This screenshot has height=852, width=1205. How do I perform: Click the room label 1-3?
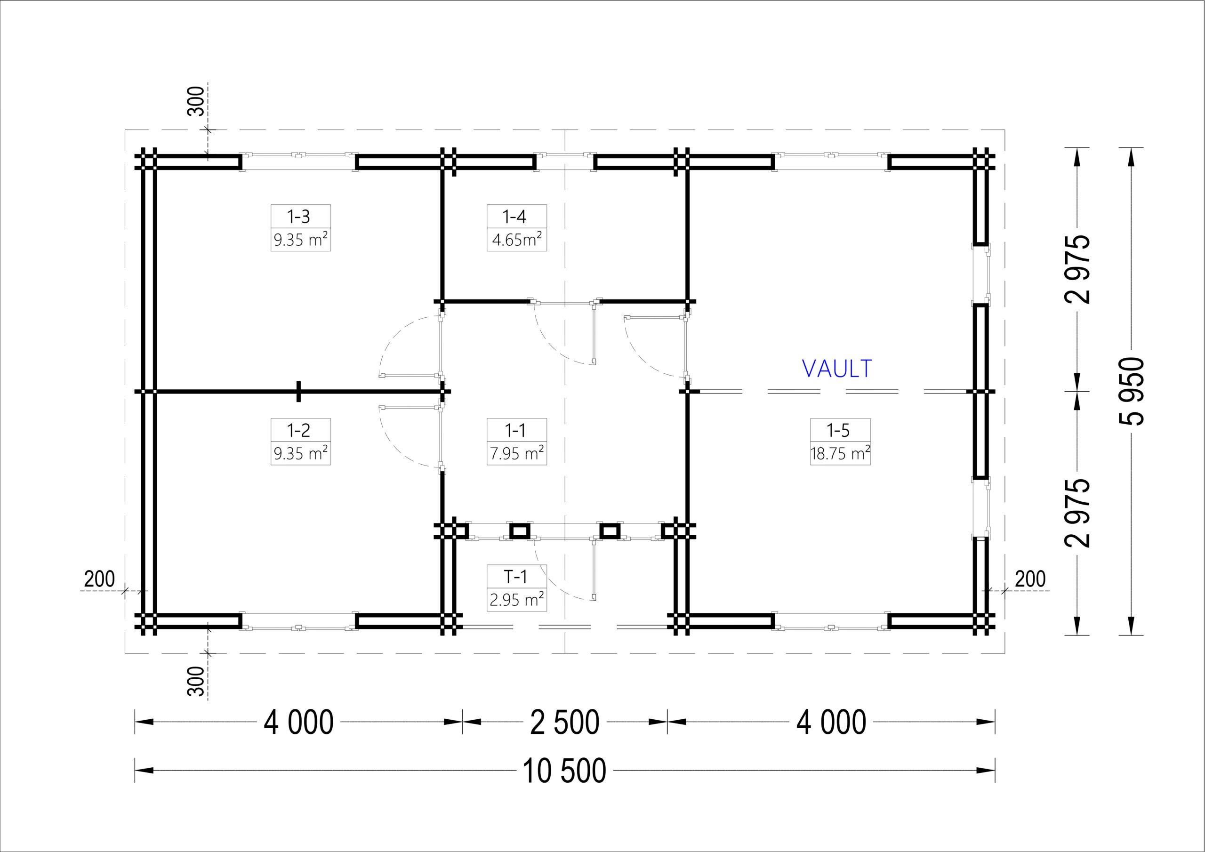coord(298,216)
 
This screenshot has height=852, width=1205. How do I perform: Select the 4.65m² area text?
coord(516,240)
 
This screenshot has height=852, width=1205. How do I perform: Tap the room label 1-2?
coord(298,430)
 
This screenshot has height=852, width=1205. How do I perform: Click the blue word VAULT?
coord(837,369)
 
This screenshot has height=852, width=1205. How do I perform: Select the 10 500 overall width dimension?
coord(565,771)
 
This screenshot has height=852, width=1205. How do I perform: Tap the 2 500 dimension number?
coord(565,723)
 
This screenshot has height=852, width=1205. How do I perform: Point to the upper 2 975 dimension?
coord(1077,270)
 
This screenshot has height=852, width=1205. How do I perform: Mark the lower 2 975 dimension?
coord(1077,513)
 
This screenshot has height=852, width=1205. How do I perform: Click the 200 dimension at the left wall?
coord(99,579)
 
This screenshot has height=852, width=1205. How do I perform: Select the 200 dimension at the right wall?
coord(1030,579)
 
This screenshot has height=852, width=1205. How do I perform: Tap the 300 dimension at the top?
coord(196,101)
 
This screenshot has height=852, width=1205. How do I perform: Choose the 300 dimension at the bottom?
coord(196,681)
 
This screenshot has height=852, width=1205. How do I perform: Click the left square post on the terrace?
coord(520,530)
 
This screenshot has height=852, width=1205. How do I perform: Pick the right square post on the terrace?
coord(609,530)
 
